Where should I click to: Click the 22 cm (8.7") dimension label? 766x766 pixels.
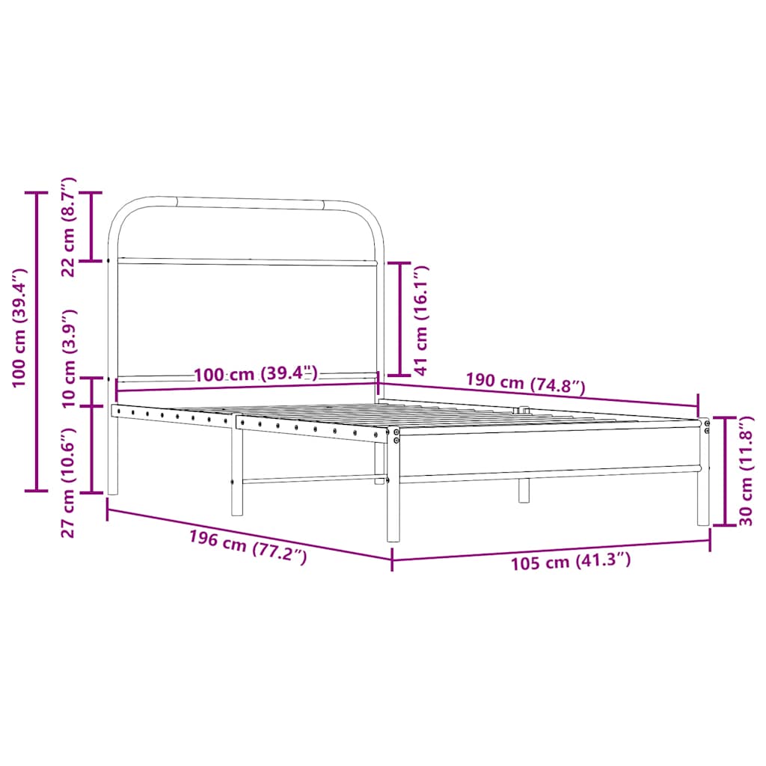(x=68, y=227)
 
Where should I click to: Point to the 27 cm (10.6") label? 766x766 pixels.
(x=68, y=482)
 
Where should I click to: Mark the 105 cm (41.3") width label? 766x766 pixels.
(x=571, y=561)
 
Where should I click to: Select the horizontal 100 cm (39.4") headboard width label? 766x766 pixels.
(x=256, y=374)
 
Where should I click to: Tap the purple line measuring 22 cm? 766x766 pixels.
(x=91, y=227)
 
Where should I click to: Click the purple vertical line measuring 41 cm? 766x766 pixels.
(x=399, y=319)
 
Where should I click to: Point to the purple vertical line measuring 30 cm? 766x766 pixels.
(x=725, y=471)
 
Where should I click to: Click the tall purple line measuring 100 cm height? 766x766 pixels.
(x=36, y=342)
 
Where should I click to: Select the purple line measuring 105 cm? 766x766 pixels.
(x=551, y=548)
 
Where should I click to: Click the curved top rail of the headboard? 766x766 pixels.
(x=247, y=202)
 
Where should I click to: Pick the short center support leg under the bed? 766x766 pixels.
(x=524, y=490)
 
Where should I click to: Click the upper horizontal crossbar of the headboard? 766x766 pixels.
(x=247, y=262)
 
